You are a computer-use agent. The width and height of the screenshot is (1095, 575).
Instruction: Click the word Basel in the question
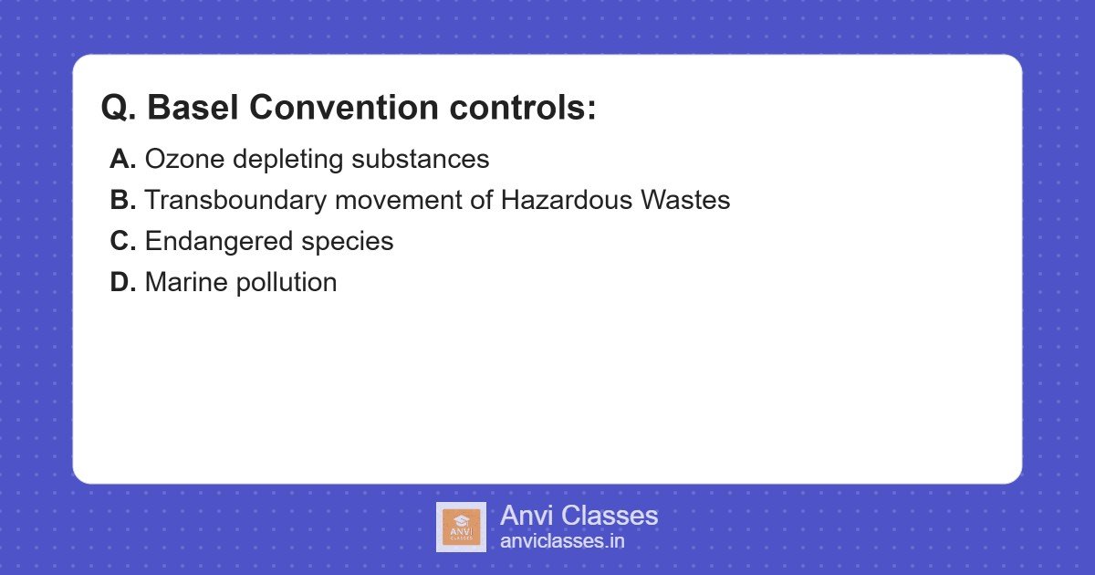(x=193, y=109)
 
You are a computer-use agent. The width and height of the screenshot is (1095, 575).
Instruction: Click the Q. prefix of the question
(x=119, y=109)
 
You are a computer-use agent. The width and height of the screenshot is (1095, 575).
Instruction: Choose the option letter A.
(x=122, y=160)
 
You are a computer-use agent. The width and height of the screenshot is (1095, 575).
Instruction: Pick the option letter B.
(x=122, y=201)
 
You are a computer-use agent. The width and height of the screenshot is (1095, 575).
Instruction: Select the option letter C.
(x=122, y=242)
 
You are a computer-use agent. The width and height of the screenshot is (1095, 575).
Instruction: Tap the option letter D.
(x=122, y=283)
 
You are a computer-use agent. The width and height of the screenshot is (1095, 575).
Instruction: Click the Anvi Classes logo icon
(x=461, y=528)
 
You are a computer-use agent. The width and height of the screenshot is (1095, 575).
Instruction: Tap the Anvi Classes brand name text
(x=579, y=516)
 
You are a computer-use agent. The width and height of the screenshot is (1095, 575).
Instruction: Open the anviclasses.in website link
(x=562, y=541)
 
